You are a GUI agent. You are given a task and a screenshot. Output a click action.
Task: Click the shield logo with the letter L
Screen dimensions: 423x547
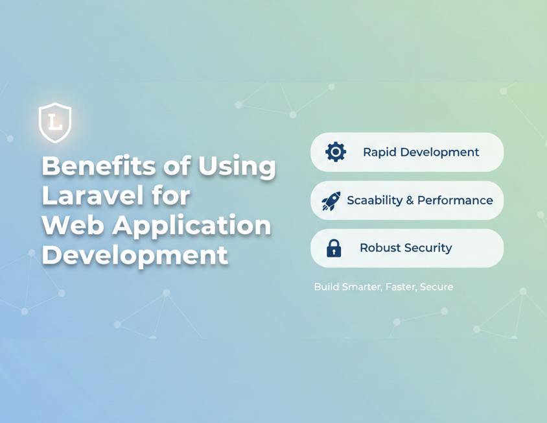55,123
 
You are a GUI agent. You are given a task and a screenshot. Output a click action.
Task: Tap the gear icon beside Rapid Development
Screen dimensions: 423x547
335,152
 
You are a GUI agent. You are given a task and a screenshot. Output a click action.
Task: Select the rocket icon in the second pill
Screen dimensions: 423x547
331,201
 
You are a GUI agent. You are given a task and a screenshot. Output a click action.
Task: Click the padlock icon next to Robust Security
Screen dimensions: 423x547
334,248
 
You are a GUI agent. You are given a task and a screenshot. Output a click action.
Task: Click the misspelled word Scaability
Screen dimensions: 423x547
375,201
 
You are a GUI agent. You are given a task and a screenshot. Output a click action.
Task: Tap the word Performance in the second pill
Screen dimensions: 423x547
455,200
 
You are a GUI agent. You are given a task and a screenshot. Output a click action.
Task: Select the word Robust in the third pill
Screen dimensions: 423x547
378,248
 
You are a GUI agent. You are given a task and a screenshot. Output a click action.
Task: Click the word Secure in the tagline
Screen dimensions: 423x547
436,287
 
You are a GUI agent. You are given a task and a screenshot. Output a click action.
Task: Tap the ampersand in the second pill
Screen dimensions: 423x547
410,200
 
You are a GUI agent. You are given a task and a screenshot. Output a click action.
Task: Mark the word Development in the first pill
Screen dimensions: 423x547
439,152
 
